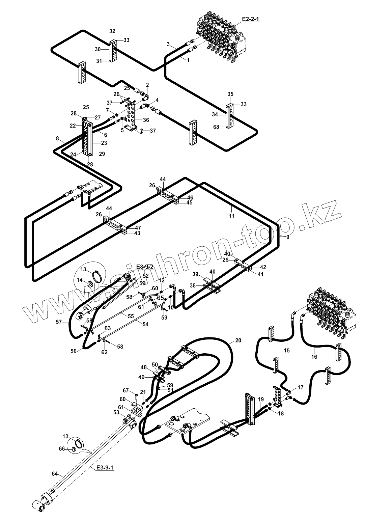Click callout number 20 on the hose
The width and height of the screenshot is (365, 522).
238,340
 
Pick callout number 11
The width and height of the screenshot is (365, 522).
232,216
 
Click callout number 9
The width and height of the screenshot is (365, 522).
288,237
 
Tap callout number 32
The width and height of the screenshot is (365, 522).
112,31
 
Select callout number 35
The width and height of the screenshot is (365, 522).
230,93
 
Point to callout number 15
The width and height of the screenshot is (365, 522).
287,351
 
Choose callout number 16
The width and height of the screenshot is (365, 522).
314,356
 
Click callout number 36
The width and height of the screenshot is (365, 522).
146,120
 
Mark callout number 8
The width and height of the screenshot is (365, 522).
57,138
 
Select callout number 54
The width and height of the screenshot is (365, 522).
145,324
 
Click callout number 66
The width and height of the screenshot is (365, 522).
61,449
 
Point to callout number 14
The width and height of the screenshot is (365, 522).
80,280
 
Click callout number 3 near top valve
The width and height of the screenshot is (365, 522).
168,44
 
